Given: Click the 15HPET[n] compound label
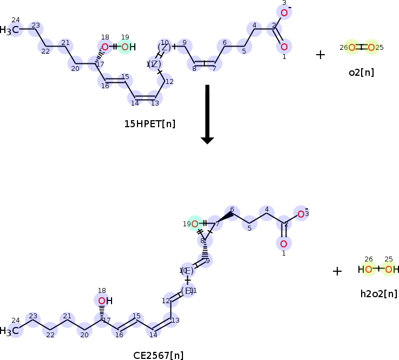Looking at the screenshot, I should pos(149,124).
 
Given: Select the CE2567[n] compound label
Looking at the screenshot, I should pos(158,355).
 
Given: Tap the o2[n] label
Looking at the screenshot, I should pos(361,72).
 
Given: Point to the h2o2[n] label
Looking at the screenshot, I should pos(378,294).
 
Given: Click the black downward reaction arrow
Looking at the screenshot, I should pos(207,114).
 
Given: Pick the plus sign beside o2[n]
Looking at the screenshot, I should pos(320,55).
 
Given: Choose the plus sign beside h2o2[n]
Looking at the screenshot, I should pos(337,271).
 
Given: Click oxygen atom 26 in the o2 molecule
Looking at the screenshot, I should pos(352,48).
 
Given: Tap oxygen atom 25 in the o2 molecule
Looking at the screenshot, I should pos(371,48).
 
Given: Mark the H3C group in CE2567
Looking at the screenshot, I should pos(12,330).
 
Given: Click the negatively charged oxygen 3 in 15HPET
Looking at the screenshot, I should pos(284,12).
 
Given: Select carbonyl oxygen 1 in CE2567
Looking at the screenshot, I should pos(284,243).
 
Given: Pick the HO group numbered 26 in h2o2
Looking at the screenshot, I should pos(366,269).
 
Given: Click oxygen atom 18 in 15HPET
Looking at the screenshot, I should pos(105,47).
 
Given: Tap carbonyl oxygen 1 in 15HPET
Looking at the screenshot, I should pos(284,46).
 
